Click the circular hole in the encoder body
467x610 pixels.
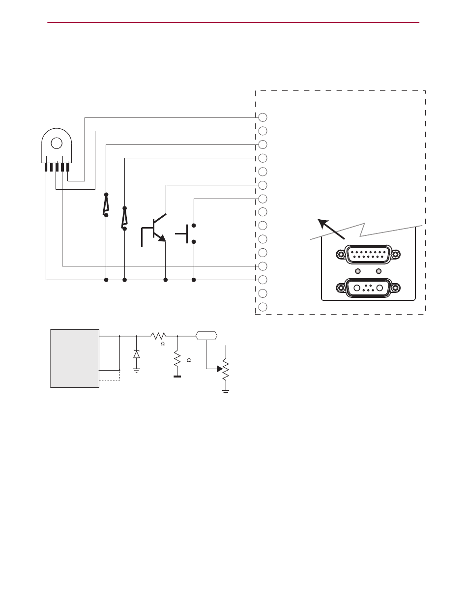point(57,144)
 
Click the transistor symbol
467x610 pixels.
point(154,229)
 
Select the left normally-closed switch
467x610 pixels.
point(106,204)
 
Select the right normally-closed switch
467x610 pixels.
point(124,218)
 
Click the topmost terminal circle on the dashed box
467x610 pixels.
point(263,117)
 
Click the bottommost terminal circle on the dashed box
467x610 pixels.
point(263,307)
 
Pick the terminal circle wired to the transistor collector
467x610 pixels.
point(263,185)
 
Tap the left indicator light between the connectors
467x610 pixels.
point(358,271)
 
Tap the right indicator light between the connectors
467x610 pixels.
point(379,271)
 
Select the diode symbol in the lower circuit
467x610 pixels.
point(136,354)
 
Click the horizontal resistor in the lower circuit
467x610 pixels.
point(159,336)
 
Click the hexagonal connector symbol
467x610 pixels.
point(206,336)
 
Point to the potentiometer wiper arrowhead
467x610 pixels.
point(220,368)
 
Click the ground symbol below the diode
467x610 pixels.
point(136,369)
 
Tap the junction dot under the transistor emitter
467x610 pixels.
point(165,280)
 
